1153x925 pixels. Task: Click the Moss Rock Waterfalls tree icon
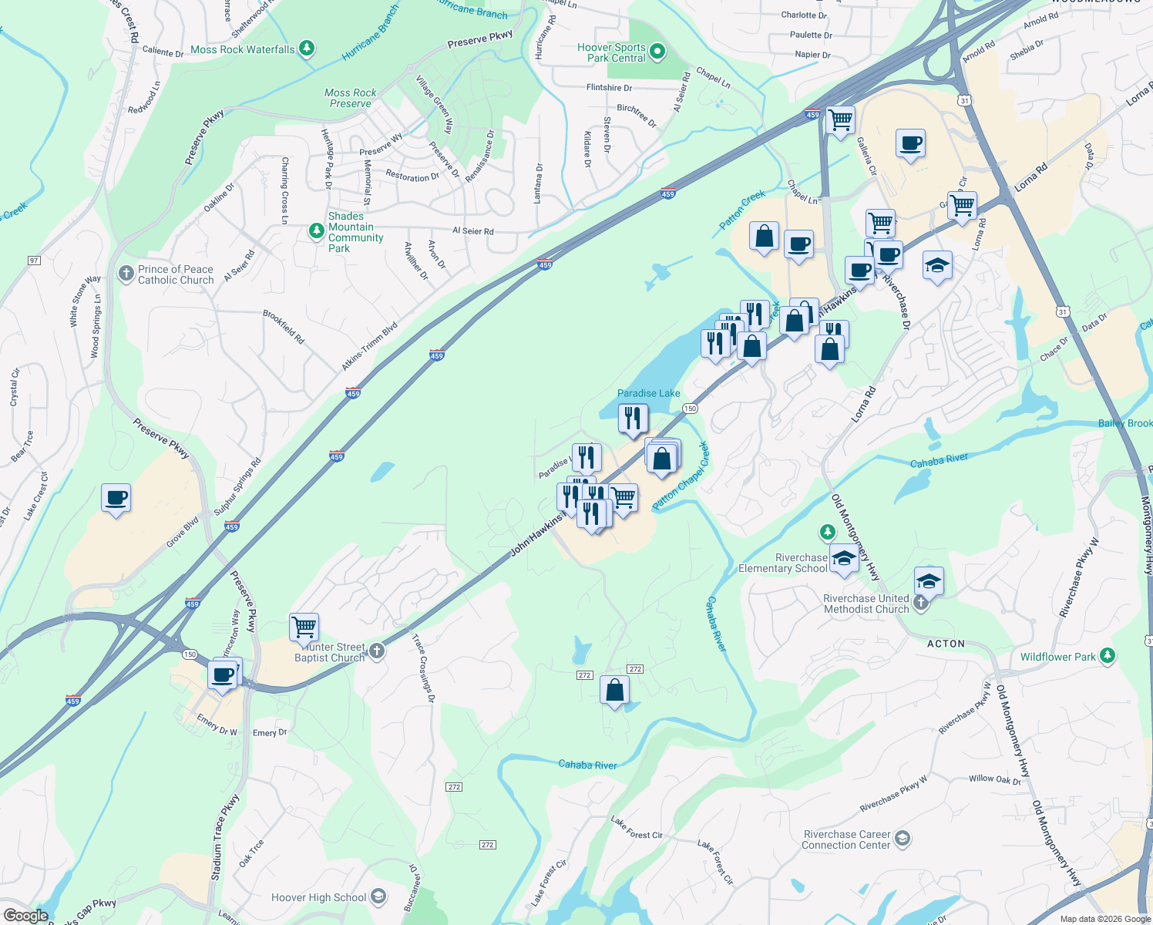pyautogui.click(x=307, y=49)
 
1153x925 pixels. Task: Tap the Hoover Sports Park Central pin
pyautogui.click(x=657, y=52)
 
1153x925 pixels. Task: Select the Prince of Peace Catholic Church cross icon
pyautogui.click(x=126, y=274)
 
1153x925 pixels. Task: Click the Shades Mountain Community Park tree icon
pyautogui.click(x=316, y=230)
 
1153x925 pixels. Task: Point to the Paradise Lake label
pyautogui.click(x=648, y=393)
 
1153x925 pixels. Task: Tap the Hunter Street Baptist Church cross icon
pyautogui.click(x=376, y=651)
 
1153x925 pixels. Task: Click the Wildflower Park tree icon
pyautogui.click(x=1108, y=656)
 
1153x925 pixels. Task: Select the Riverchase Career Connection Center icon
pyautogui.click(x=903, y=839)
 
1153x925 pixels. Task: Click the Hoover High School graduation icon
pyautogui.click(x=378, y=896)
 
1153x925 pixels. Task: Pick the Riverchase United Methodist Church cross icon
pyautogui.click(x=921, y=603)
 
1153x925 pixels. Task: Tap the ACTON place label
pyautogui.click(x=946, y=644)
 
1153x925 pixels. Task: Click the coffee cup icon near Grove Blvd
pyautogui.click(x=116, y=498)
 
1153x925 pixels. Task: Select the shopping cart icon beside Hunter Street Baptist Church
pyautogui.click(x=304, y=627)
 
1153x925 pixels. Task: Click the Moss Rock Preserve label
pyautogui.click(x=351, y=98)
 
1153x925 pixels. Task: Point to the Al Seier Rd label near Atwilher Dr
pyautogui.click(x=472, y=230)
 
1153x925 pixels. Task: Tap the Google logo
pyautogui.click(x=25, y=916)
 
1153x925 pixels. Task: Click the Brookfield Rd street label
pyautogui.click(x=284, y=327)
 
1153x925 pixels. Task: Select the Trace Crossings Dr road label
pyautogui.click(x=423, y=668)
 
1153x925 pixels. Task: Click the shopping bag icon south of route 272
pyautogui.click(x=614, y=690)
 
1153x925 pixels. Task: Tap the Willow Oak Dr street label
pyautogui.click(x=994, y=779)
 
